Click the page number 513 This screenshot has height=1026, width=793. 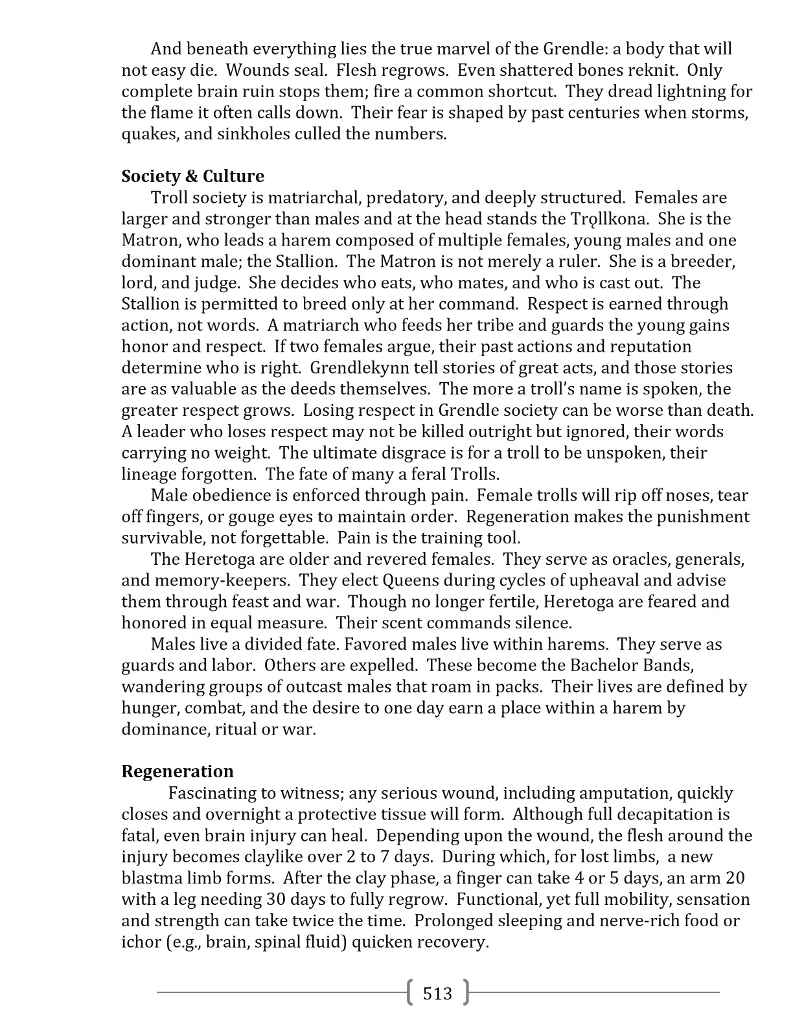437,993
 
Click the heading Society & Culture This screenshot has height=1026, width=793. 192,176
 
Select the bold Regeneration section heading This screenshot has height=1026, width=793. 178,771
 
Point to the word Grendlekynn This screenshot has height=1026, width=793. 359,368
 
